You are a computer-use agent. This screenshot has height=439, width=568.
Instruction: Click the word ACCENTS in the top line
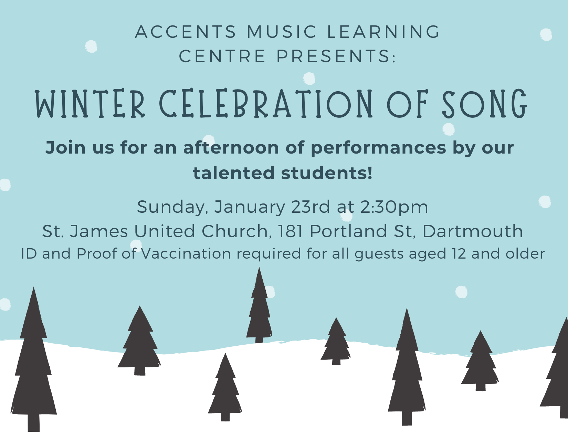coord(186,32)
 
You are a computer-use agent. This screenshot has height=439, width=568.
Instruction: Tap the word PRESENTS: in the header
coord(336,56)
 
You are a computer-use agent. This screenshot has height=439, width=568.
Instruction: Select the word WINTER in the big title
coord(90,104)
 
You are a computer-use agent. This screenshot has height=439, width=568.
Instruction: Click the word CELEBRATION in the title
coord(265,104)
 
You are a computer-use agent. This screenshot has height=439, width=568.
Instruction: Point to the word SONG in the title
coord(484,104)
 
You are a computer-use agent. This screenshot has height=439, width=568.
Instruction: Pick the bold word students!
coord(327,173)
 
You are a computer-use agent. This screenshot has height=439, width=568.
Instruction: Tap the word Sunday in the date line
coord(172,207)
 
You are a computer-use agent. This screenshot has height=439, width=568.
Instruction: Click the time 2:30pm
coord(394,207)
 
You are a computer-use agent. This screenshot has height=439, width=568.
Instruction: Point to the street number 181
coord(291,231)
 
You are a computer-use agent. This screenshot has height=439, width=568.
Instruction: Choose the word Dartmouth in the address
coord(473,231)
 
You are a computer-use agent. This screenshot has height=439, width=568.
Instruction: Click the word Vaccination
coord(186,254)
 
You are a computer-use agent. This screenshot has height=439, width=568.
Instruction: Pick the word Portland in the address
coord(348,231)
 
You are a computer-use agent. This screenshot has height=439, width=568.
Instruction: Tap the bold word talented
coord(234,173)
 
